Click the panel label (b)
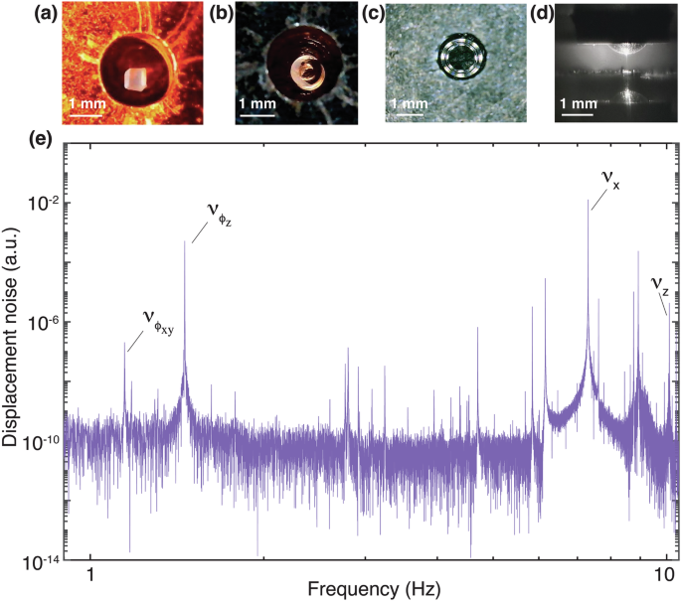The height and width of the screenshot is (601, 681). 216,14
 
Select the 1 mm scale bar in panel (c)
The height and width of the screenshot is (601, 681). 411,114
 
